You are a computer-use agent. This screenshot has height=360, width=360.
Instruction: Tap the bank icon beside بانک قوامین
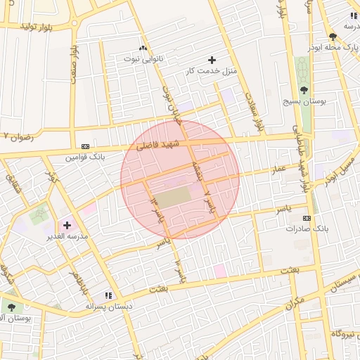tap(86, 146)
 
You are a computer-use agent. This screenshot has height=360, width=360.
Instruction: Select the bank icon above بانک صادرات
tap(307, 218)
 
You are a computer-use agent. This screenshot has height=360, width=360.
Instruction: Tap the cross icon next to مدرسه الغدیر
tap(67, 225)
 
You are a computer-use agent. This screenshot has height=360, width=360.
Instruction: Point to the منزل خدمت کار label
tap(212, 71)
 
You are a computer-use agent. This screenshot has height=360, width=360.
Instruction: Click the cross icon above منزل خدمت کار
tap(212, 60)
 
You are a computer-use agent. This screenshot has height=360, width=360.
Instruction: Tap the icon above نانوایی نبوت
tap(143, 48)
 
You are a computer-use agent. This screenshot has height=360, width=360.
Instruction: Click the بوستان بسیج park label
tap(303, 101)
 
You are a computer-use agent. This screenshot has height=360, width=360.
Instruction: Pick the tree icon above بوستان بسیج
tap(304, 89)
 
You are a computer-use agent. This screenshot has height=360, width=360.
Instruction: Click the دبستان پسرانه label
tap(109, 307)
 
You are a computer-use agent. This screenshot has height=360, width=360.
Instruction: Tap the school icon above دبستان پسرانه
tap(109, 295)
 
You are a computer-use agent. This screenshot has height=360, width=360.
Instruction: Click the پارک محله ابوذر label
tap(336, 47)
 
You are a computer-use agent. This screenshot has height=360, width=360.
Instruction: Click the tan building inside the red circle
tap(172, 196)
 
